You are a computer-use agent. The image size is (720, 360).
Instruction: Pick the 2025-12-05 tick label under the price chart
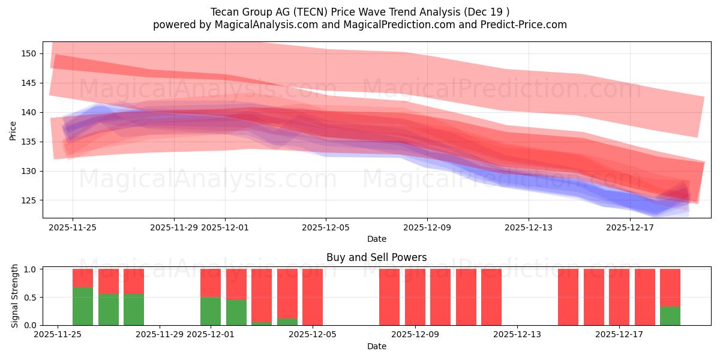(x=326, y=227)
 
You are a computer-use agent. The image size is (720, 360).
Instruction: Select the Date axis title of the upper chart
(x=377, y=239)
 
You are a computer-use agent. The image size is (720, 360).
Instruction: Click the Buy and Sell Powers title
(x=377, y=257)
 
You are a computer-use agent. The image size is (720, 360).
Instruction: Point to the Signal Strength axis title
(x=15, y=296)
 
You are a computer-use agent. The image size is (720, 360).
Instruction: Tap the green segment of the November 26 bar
(x=83, y=307)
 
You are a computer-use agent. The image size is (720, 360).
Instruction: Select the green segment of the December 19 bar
(x=670, y=316)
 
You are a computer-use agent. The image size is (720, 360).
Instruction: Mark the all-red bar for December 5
(x=313, y=297)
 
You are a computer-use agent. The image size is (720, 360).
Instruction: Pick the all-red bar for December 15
(x=568, y=297)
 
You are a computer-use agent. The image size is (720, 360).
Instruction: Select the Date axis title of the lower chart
(x=377, y=346)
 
